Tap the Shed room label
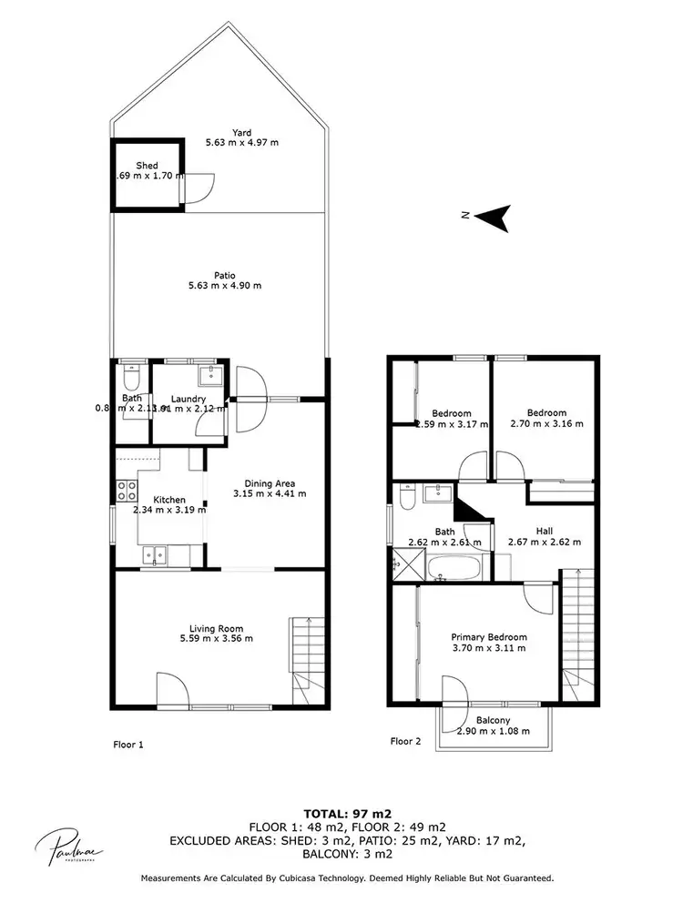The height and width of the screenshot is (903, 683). pos(148,166)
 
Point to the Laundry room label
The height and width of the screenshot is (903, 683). pos(188,399)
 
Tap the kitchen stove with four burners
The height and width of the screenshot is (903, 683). pos(126,492)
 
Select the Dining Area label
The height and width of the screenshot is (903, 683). pos(269,483)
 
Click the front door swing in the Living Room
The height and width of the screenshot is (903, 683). pos(171,689)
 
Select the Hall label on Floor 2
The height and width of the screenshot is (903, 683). pos(544,530)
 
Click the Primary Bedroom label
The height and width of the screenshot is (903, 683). pos(489,637)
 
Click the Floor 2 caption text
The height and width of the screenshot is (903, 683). pos(405,741)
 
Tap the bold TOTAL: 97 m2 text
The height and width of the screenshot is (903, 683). pos(341,812)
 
